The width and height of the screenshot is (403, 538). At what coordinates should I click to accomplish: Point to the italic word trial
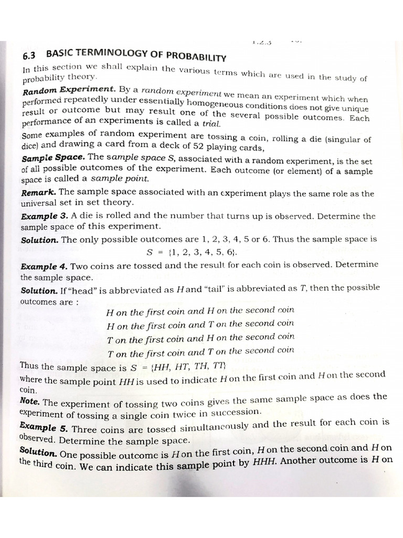tap(212, 123)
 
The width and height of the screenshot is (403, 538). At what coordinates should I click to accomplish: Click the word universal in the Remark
tap(39, 202)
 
